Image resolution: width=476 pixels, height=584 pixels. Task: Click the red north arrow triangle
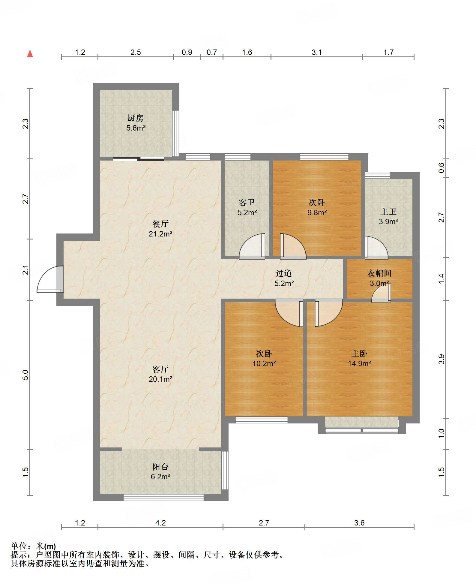tap(30, 53)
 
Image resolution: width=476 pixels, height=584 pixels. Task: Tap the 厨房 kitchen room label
tap(136, 118)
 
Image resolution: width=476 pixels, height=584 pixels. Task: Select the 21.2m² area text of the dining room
tap(160, 234)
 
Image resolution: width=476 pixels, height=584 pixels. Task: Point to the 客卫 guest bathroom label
tap(247, 203)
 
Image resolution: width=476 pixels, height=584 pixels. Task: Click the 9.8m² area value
tap(317, 212)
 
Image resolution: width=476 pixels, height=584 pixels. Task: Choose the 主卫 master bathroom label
tap(388, 212)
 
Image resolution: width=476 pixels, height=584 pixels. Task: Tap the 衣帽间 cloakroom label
tap(379, 273)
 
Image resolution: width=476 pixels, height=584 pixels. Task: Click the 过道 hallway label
tap(284, 273)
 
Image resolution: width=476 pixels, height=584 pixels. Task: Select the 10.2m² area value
tap(264, 363)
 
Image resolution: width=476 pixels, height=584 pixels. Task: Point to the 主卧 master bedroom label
tap(359, 354)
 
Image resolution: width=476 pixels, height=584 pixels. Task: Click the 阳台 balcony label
tap(160, 467)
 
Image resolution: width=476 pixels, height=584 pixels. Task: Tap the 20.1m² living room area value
tap(160, 379)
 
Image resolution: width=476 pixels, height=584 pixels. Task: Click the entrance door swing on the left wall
tap(50, 279)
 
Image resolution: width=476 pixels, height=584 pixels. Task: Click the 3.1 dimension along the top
tap(316, 53)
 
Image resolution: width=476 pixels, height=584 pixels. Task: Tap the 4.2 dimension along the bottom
tap(160, 523)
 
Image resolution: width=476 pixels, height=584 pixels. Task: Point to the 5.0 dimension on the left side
tap(25, 375)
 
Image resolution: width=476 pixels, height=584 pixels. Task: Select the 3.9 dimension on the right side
tap(441, 359)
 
